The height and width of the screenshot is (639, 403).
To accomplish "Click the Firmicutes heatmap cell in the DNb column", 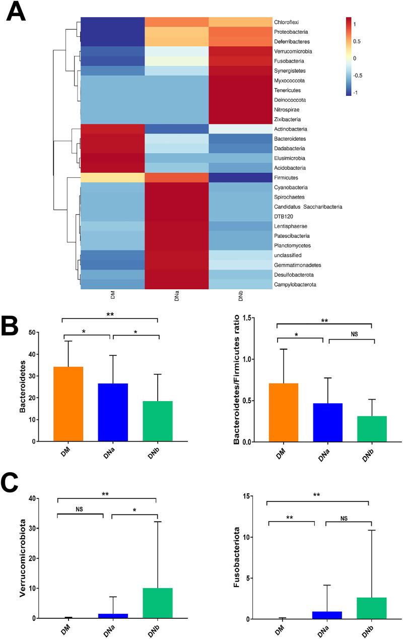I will click(241, 177).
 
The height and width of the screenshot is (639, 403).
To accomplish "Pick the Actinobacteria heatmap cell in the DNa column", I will click(177, 129).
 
